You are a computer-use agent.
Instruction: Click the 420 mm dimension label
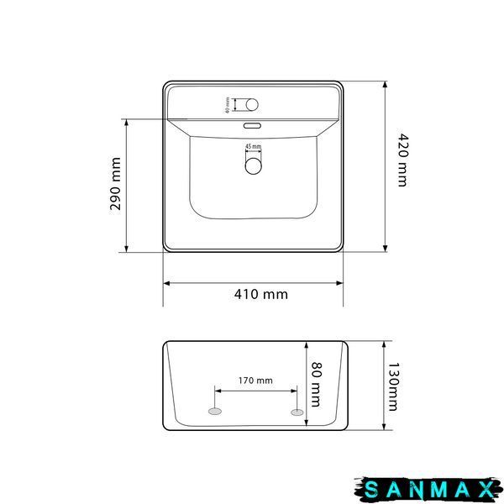pyautogui.click(x=402, y=160)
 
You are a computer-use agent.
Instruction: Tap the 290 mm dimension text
pyautogui.click(x=115, y=184)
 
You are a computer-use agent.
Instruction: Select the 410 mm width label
pyautogui.click(x=261, y=294)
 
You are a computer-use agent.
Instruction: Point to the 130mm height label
pyautogui.click(x=393, y=387)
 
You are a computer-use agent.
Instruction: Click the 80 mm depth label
pyautogui.click(x=317, y=385)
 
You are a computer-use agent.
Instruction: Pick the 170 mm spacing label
pyautogui.click(x=255, y=381)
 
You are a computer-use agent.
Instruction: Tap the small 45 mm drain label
pyautogui.click(x=254, y=146)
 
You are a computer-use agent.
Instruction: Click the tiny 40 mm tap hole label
pyautogui.click(x=228, y=105)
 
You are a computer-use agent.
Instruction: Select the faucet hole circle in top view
pyautogui.click(x=252, y=104)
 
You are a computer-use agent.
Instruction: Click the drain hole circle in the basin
pyautogui.click(x=254, y=166)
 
